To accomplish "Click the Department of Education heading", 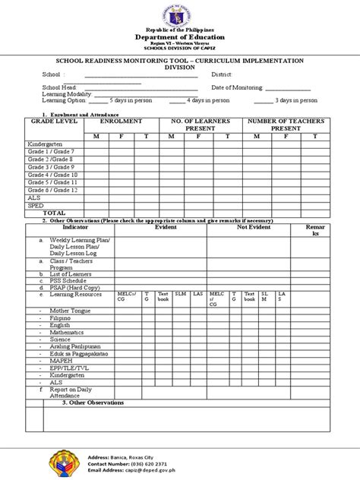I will pyautogui.click(x=181, y=36).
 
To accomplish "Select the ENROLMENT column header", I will pyautogui.click(x=121, y=122).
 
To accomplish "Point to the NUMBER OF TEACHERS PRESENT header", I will pyautogui.click(x=286, y=125).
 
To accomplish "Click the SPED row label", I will pyautogui.click(x=35, y=205).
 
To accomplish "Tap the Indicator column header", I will pyautogui.click(x=75, y=227).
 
